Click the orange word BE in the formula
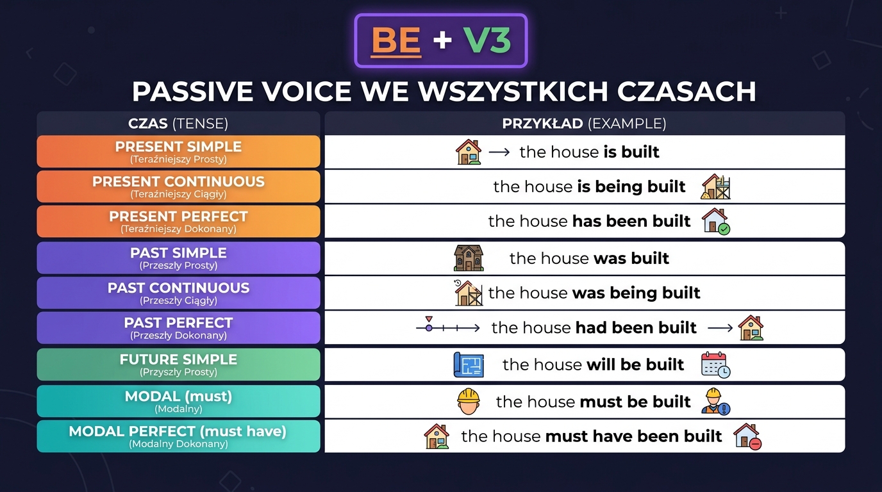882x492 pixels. point(395,41)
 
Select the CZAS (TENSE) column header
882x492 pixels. point(178,124)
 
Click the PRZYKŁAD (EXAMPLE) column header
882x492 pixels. point(584,124)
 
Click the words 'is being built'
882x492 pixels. point(631,186)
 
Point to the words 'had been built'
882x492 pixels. point(636,327)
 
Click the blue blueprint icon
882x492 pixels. point(468,365)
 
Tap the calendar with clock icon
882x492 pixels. point(715,365)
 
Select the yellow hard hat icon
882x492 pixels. point(469,401)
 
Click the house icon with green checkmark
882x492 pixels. point(715,221)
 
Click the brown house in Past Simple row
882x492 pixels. point(469,258)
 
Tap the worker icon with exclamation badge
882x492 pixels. point(715,402)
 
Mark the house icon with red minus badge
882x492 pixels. point(747,436)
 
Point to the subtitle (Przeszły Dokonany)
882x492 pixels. point(178,335)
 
